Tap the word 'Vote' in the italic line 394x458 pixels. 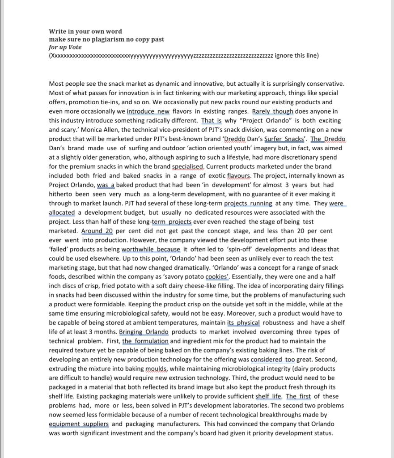coord(75,47)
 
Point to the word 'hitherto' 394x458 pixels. coord(61,194)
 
